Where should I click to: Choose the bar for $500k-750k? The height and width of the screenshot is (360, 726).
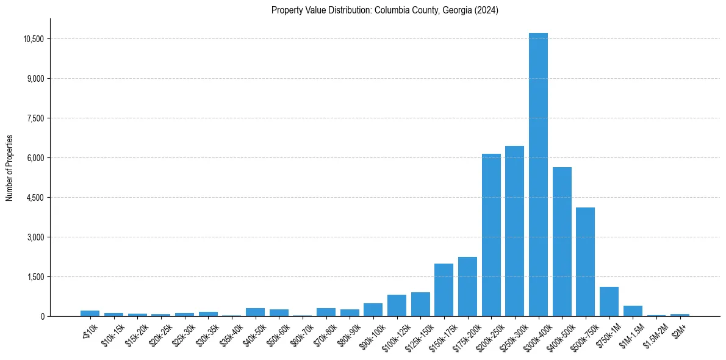(585, 262)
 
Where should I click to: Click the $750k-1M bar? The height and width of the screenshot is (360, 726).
(609, 301)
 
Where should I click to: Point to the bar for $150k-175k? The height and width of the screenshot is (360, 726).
(444, 290)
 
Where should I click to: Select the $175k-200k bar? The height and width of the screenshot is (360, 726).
(467, 287)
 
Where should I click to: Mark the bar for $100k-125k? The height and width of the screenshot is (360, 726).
(397, 306)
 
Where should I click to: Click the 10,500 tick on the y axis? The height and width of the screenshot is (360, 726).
(34, 39)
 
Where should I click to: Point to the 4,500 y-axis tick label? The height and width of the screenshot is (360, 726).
(36, 198)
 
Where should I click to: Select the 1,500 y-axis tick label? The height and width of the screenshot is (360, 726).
(36, 277)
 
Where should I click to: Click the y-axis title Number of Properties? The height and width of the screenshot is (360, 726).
(10, 168)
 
